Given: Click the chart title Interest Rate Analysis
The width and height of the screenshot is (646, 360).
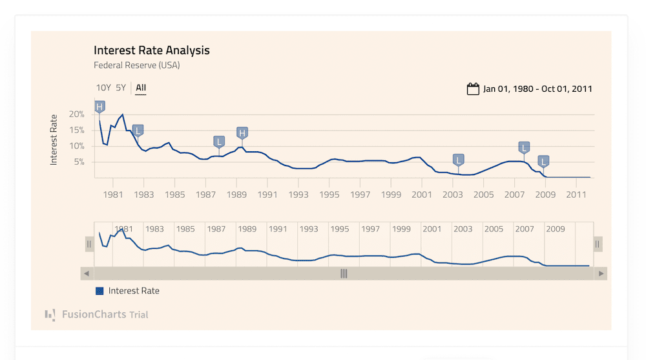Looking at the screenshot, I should click(x=152, y=50).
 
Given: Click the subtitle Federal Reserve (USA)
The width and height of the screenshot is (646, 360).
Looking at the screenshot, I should click(x=137, y=65).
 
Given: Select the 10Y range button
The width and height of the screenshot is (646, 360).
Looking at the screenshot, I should click(x=103, y=88).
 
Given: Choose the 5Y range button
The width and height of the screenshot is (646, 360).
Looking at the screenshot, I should click(x=121, y=88).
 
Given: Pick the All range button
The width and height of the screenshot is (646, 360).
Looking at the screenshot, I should click(x=141, y=88).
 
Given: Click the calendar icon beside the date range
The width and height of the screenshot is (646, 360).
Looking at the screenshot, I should click(x=473, y=89).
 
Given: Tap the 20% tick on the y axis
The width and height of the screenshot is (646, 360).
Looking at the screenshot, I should click(x=77, y=114).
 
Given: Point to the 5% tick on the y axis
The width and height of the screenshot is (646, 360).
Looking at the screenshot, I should click(x=79, y=162).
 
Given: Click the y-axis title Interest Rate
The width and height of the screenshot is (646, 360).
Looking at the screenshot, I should click(x=54, y=140).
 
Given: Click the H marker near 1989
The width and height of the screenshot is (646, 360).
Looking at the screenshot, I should click(x=242, y=133).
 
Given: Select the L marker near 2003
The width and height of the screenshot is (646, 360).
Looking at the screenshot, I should click(x=459, y=160).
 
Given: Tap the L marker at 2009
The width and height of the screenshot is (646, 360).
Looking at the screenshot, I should click(x=544, y=161).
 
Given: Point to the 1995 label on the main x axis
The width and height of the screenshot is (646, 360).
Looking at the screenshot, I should click(x=329, y=194).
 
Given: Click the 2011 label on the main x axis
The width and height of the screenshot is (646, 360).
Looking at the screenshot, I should click(x=576, y=194).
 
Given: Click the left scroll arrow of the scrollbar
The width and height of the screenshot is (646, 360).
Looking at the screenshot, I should click(x=86, y=273).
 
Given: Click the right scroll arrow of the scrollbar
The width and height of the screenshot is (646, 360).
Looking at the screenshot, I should click(x=601, y=273).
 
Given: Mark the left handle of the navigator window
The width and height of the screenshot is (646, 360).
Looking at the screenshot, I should click(x=90, y=244).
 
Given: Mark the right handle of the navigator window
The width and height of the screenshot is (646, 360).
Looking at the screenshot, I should click(x=598, y=244).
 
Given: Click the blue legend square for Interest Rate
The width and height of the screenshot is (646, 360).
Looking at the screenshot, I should click(x=99, y=291).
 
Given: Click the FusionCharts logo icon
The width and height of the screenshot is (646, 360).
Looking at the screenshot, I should click(x=50, y=315).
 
